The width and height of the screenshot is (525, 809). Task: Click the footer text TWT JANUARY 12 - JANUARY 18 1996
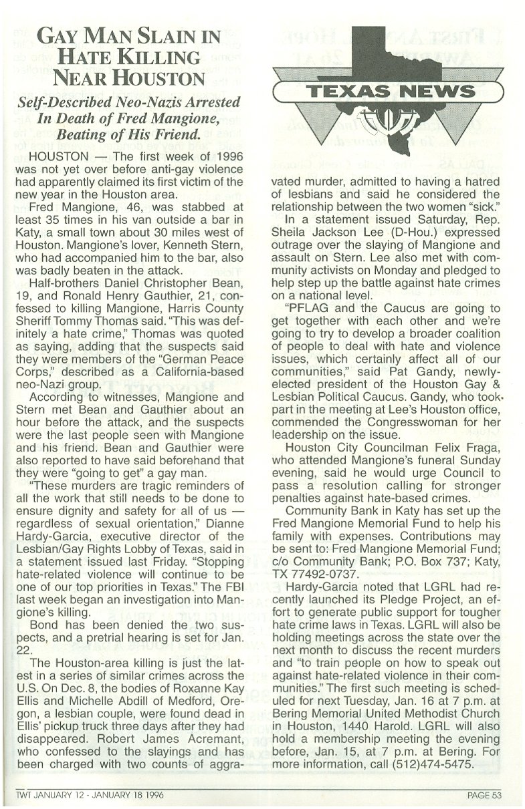[90, 794]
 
